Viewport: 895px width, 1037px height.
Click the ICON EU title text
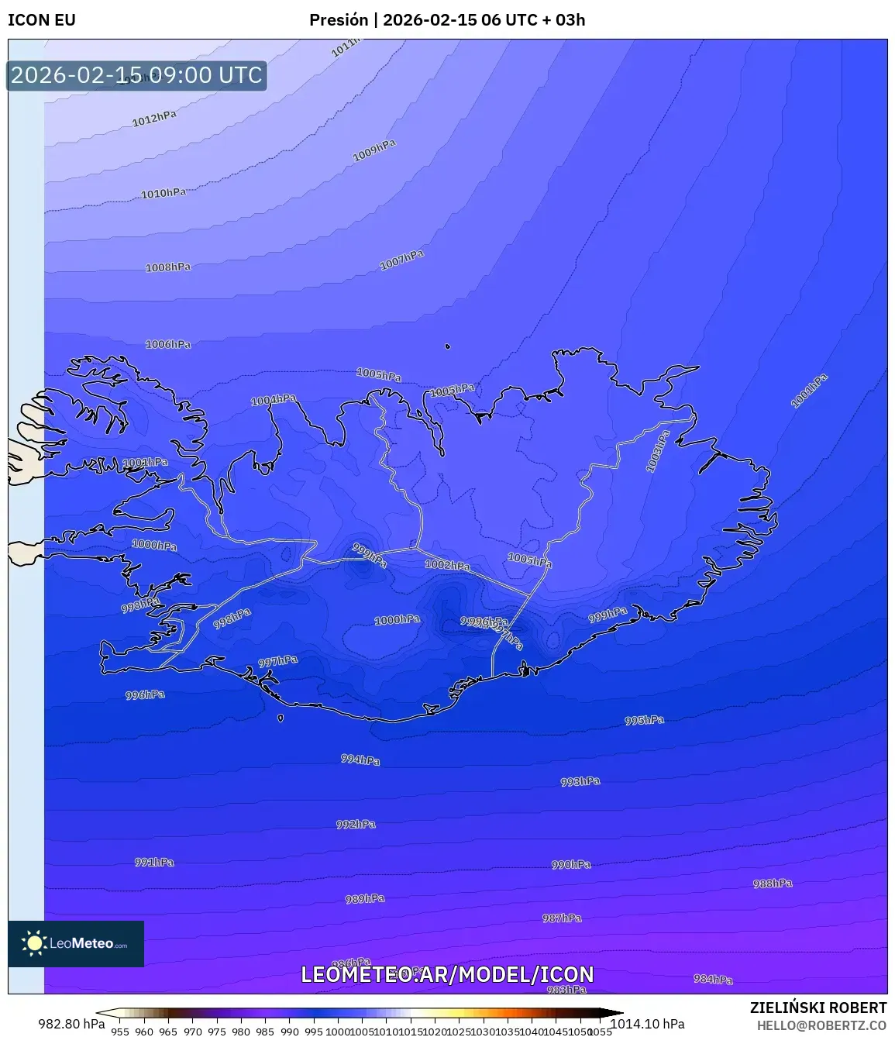point(42,20)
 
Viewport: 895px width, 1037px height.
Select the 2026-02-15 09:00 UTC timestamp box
point(136,75)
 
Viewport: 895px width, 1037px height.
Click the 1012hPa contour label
point(154,118)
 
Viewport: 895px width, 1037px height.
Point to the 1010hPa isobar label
point(164,193)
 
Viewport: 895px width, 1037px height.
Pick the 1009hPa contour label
point(374,150)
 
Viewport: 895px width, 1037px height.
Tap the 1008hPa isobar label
point(168,267)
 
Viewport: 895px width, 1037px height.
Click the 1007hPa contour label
point(401,260)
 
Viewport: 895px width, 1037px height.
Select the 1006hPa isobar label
point(168,344)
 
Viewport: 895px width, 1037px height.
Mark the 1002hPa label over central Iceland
point(447,565)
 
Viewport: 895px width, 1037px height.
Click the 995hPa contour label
point(644,720)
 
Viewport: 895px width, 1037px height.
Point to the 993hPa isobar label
point(580,781)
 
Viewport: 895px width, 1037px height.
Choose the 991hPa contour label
point(154,862)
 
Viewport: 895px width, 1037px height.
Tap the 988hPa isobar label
point(773,884)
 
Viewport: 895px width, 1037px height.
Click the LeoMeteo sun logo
point(34,943)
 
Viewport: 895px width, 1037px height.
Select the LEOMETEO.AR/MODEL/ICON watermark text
point(447,974)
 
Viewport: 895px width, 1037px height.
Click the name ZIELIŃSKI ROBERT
point(818,1008)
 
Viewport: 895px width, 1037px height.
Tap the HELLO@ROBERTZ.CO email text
point(821,1025)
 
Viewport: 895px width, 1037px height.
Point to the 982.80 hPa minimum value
point(71,1024)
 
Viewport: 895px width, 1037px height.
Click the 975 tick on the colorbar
point(217,1032)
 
